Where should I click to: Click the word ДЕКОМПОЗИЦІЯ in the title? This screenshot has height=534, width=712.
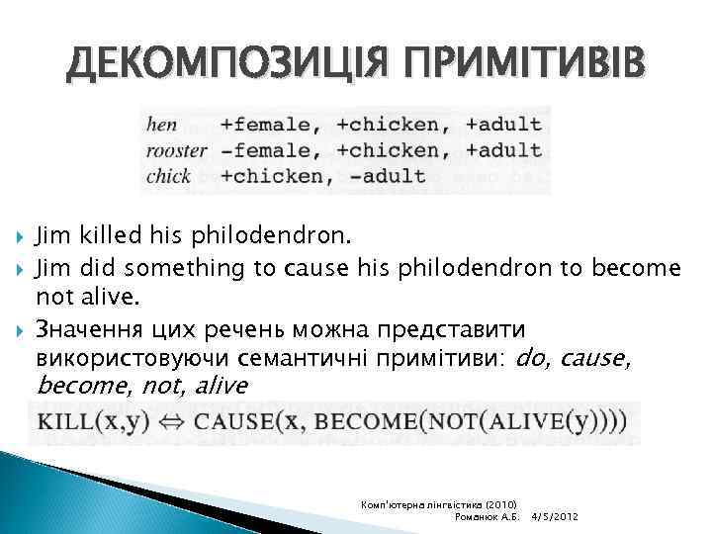(215, 64)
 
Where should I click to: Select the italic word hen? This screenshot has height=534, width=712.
(161, 125)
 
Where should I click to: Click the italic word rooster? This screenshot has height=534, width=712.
(176, 150)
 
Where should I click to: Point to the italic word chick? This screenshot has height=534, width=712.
(168, 177)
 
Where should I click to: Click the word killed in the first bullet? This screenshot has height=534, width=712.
(99, 237)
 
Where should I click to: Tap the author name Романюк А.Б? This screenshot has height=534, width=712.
(486, 517)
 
